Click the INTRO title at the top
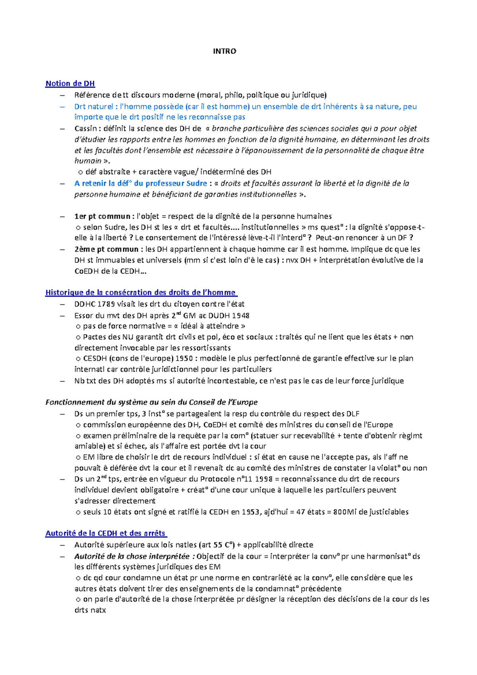pos(224,51)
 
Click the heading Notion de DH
pos(70,83)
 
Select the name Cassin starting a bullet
pos(85,128)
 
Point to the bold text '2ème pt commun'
pos(106,249)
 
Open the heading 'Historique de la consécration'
pos(141,293)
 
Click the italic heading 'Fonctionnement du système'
pos(151,402)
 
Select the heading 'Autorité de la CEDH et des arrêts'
pos(106,533)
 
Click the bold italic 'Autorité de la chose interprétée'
pos(132,556)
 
